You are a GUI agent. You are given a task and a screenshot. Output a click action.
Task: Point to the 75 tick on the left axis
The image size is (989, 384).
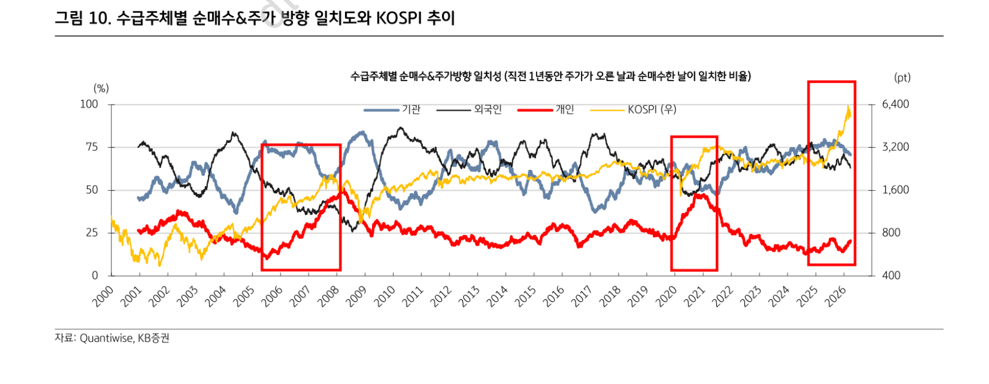click(92, 147)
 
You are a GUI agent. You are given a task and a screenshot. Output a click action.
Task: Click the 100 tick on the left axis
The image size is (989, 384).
click(89, 104)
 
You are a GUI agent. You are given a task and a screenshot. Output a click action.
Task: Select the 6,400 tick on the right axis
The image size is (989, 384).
click(895, 104)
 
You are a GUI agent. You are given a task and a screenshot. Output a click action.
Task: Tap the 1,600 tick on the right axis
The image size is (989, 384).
click(895, 190)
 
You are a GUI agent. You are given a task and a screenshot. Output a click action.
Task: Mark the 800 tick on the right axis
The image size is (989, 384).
click(891, 232)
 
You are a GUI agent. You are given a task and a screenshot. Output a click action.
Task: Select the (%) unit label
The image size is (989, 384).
click(101, 88)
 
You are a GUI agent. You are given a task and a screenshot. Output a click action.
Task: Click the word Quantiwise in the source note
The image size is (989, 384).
click(106, 338)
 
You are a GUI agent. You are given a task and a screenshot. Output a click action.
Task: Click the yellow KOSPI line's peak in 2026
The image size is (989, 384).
click(848, 106)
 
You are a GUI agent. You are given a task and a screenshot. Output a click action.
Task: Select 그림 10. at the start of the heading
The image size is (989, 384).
click(82, 18)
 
